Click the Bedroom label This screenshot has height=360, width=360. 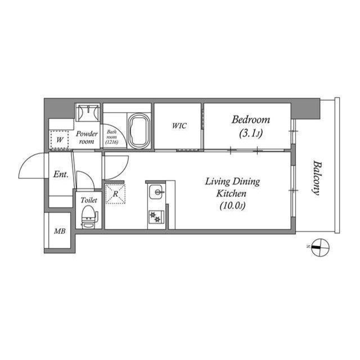[251, 120]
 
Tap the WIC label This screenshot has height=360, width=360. [179, 125]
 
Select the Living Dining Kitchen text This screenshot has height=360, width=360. [232, 187]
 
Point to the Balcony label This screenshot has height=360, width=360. [317, 178]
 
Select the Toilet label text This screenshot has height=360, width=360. [89, 200]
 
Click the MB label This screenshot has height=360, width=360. [59, 231]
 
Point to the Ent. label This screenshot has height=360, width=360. [60, 175]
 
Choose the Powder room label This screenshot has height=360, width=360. [88, 137]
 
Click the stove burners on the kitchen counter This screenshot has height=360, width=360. [155, 215]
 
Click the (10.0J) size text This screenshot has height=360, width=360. [232, 206]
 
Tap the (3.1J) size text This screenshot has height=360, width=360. [251, 133]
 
